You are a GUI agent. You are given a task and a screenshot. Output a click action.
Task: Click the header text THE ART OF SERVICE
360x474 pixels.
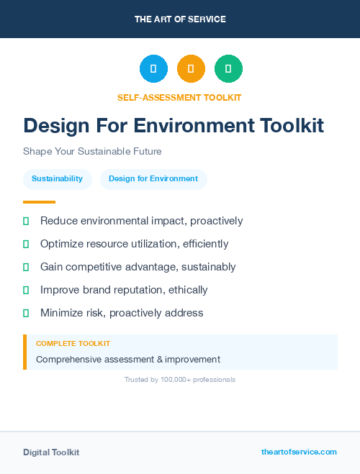[x=180, y=19]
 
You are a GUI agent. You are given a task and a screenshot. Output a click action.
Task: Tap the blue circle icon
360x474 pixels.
[x=153, y=69]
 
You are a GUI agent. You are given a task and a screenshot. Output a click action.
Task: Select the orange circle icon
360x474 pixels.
[x=191, y=69]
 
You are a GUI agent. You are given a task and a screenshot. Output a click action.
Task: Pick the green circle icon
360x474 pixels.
[x=228, y=69]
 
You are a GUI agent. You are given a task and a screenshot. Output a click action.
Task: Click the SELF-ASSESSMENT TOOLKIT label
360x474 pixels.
[x=180, y=97]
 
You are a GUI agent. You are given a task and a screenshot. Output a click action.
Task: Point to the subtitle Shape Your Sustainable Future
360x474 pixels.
[x=92, y=152]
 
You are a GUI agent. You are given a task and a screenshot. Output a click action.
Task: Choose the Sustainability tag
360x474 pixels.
[x=57, y=179]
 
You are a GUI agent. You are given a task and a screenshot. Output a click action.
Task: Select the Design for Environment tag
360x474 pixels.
[x=153, y=179]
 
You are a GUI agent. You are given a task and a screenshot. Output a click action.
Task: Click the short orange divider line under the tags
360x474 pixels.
[x=39, y=202]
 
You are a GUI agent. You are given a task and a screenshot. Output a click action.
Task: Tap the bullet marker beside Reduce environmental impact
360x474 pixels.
[x=26, y=221]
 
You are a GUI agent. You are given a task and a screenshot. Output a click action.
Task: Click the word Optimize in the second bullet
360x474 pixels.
[x=61, y=244]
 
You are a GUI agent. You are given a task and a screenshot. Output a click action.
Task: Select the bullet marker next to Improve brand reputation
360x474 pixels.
[x=26, y=290]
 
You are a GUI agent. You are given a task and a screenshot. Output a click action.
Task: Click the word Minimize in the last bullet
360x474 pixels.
[x=62, y=313]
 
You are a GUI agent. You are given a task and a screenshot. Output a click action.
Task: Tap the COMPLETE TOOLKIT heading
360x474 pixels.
[x=73, y=344]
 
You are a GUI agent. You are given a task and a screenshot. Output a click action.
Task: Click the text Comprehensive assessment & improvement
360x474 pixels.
[x=128, y=359]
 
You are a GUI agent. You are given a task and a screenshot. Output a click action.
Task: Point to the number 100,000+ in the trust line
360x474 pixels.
[x=177, y=379]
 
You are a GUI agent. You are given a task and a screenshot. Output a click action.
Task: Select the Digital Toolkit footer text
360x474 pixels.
[x=51, y=452]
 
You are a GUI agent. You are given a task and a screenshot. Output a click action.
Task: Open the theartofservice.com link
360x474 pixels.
[x=299, y=452]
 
